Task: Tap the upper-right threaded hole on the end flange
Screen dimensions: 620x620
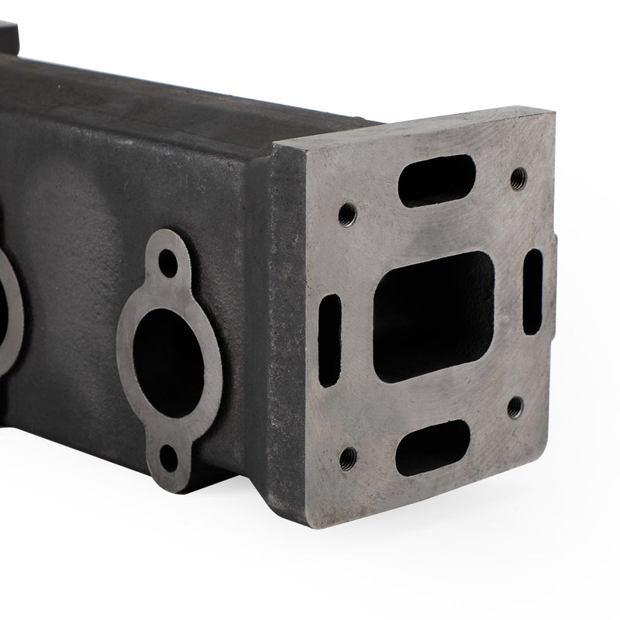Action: (x=518, y=177)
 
